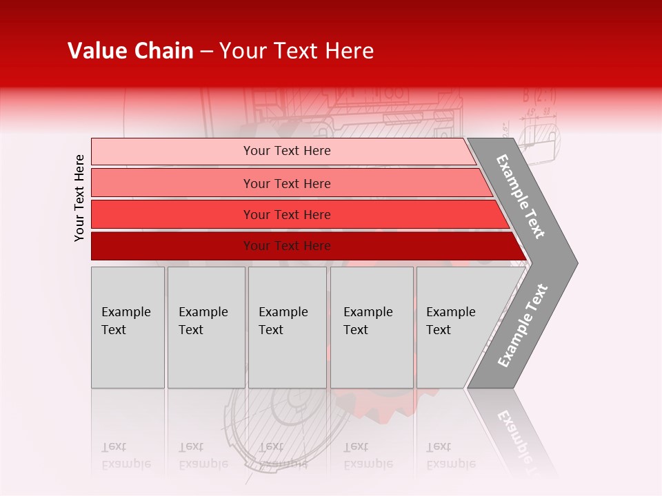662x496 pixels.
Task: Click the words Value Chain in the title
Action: [x=130, y=51]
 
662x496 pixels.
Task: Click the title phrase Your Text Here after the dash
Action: [x=296, y=51]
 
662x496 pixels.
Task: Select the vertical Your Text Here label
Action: [x=79, y=198]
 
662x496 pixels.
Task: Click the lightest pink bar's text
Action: [x=287, y=151]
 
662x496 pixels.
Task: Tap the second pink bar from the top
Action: [x=287, y=183]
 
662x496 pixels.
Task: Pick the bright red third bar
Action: [x=287, y=215]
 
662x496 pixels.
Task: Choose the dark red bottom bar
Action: [x=287, y=246]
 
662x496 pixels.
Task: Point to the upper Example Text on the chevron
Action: [x=521, y=196]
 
